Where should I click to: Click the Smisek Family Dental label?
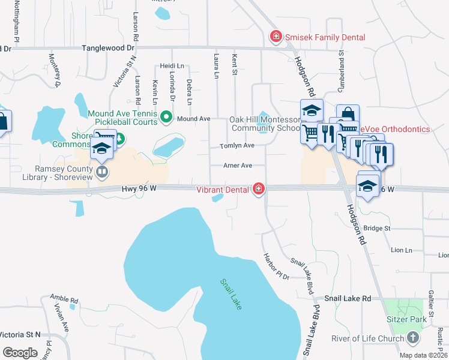[x=324, y=37]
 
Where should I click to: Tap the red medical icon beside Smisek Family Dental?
[x=276, y=37]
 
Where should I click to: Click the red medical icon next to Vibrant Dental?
[x=259, y=189]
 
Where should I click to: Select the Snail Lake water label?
[x=231, y=294]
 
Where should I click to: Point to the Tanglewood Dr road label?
[x=108, y=47]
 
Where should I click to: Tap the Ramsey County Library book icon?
[x=102, y=173]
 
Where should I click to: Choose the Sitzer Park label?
[x=406, y=319]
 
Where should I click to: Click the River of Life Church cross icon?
[x=412, y=338]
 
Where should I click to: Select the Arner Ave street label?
[x=237, y=165]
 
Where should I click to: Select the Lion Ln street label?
[x=402, y=250]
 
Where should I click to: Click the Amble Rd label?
[x=64, y=299]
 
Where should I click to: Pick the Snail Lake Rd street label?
[x=348, y=298]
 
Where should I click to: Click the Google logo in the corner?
[x=20, y=353]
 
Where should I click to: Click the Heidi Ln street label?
[x=171, y=65]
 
